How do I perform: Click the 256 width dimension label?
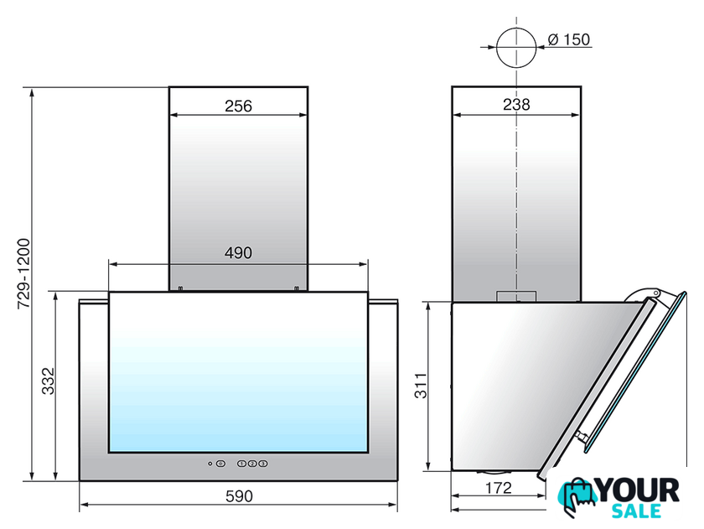point(238,106)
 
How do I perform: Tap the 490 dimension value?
point(238,253)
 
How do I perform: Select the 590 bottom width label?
point(239,496)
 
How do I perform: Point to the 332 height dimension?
point(48,381)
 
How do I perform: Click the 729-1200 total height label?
point(23,273)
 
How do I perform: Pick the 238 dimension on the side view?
point(516,105)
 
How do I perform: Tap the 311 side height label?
point(421,386)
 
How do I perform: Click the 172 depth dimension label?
point(499,488)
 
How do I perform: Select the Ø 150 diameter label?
point(569,39)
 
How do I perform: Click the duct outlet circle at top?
point(516,28)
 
